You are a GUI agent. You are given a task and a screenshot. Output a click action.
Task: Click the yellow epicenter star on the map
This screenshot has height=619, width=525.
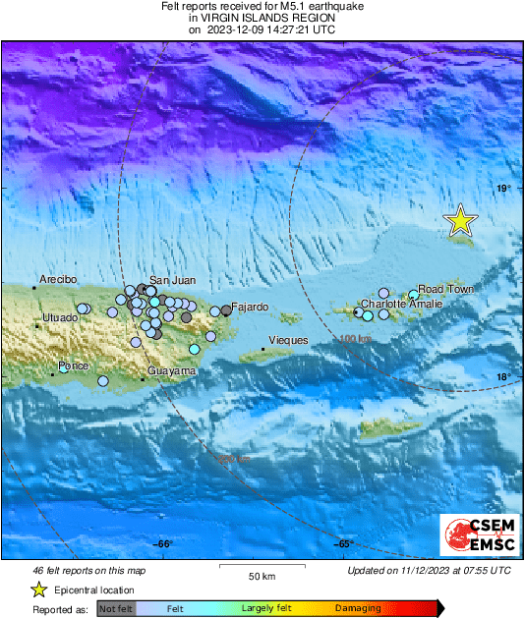(x=460, y=222)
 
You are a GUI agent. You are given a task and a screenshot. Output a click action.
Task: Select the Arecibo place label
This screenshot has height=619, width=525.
(x=57, y=280)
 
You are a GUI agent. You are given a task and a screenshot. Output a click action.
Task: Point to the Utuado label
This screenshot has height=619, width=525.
(x=60, y=317)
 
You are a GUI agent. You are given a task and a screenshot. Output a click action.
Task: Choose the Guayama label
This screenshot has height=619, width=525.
(x=171, y=370)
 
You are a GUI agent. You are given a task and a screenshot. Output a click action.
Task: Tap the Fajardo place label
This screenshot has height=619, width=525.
(x=250, y=307)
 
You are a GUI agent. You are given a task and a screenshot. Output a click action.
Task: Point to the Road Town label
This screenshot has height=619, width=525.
(x=445, y=289)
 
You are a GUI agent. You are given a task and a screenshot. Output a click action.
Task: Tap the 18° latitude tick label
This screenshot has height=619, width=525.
(x=503, y=377)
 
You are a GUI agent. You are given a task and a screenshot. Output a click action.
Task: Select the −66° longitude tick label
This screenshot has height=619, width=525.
(x=163, y=544)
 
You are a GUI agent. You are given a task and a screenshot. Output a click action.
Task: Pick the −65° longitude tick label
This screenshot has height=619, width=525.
(x=344, y=544)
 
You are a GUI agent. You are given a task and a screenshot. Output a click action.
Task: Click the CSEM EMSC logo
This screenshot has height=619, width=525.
(x=474, y=536)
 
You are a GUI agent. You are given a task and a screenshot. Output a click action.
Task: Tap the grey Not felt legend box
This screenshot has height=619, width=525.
(x=116, y=609)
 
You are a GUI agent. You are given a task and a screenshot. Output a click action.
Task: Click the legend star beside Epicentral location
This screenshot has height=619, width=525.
(x=38, y=590)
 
